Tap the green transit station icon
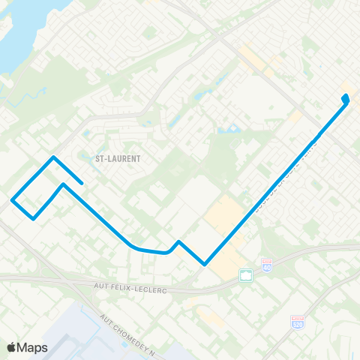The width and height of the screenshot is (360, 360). point(245,275)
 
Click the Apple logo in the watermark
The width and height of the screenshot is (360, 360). point(12,346)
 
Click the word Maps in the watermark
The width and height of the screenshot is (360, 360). point(33,346)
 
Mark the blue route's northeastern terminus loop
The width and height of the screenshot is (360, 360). point(346,98)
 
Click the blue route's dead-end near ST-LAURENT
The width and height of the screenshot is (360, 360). point(81,182)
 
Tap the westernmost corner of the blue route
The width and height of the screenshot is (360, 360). point(12,199)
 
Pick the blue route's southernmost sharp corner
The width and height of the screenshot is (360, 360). point(204,263)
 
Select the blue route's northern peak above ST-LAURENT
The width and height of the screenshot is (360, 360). point(53,157)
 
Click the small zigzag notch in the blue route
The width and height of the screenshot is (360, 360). point(178,242)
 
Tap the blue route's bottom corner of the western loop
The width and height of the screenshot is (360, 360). point(34,218)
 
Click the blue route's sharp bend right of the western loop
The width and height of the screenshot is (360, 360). point(63,184)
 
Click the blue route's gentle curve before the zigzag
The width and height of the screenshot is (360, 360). point(135,247)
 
